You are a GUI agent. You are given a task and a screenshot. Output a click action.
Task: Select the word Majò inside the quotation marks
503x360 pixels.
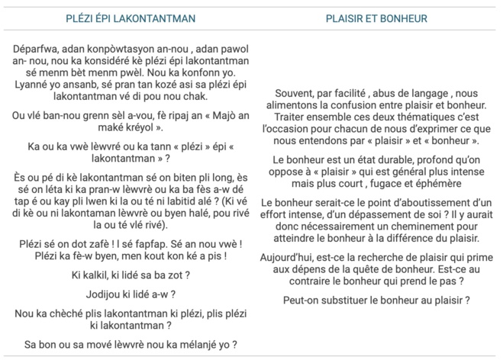pyautogui.click(x=218, y=116)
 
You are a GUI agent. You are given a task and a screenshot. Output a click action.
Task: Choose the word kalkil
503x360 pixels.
pyautogui.click(x=97, y=274)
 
